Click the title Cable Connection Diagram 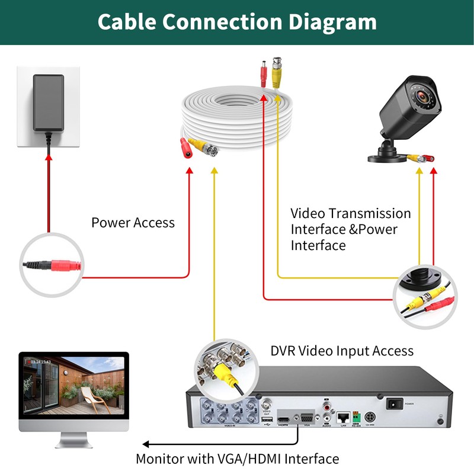237,22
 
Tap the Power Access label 133,223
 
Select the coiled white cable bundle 237,118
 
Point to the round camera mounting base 389,158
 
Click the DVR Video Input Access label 342,351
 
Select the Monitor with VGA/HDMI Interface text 237,459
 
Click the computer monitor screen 74,385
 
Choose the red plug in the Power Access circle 62,265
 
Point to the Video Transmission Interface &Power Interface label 350,229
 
